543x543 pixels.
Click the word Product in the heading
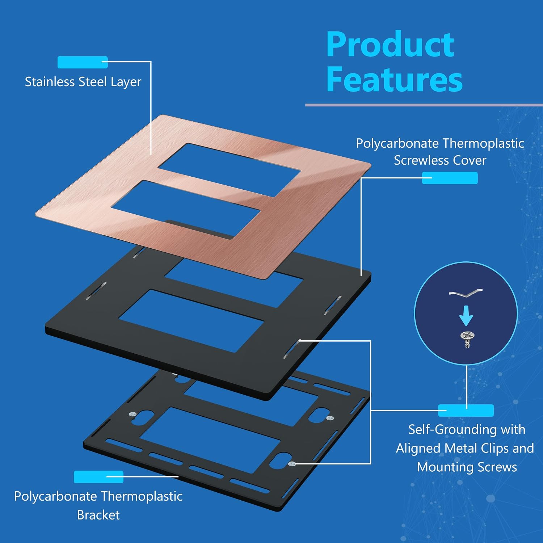click(390, 45)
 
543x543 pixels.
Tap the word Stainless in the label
click(50, 82)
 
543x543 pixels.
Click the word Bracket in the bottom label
click(98, 515)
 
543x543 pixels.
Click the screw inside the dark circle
click(466, 340)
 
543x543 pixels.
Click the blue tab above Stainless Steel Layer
click(83, 62)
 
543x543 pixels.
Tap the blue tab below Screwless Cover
click(450, 178)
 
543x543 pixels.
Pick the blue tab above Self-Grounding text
click(466, 411)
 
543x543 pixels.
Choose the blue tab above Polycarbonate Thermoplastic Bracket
click(98, 477)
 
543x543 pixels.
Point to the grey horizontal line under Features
click(424, 105)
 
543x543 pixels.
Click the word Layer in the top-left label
click(126, 82)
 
